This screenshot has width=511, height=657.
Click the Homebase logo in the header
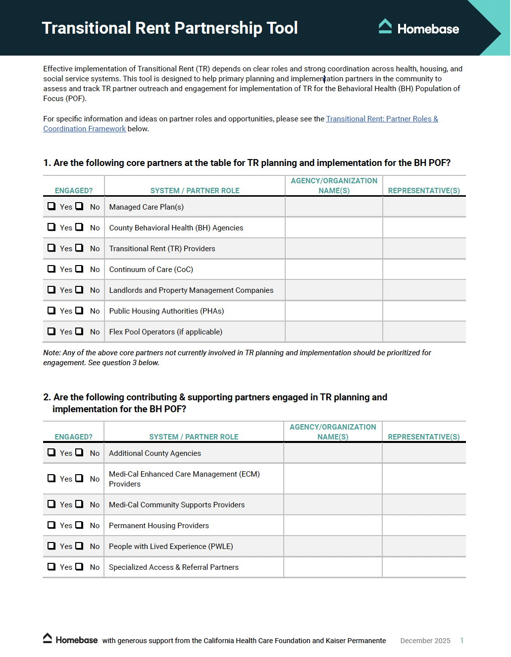coord(419,28)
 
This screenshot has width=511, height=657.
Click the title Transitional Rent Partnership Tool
coord(169,28)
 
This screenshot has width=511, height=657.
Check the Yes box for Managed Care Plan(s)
coord(51,206)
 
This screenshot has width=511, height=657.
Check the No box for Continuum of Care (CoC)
coord(79,269)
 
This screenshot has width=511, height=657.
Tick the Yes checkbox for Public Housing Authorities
coord(51,310)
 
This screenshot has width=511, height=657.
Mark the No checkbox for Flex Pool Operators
coord(79,331)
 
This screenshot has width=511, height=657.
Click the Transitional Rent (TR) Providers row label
coord(162,249)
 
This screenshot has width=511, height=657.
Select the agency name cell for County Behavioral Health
coord(334,228)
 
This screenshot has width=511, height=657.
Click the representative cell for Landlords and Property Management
coord(424,290)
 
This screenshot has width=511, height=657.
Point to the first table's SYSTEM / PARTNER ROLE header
coord(195,191)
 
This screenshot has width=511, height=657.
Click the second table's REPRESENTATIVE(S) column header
coord(423,437)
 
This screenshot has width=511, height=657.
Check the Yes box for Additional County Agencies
coord(51,452)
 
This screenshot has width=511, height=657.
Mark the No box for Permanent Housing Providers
coord(79,525)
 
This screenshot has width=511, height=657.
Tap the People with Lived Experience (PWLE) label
coord(171,547)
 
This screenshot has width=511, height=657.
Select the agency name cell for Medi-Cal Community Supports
coord(333,505)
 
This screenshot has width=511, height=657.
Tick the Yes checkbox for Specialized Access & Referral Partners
coord(51,566)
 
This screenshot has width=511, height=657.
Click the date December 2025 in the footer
coord(425,641)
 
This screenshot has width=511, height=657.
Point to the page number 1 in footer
coord(461,640)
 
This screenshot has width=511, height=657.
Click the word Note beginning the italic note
coord(51,353)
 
